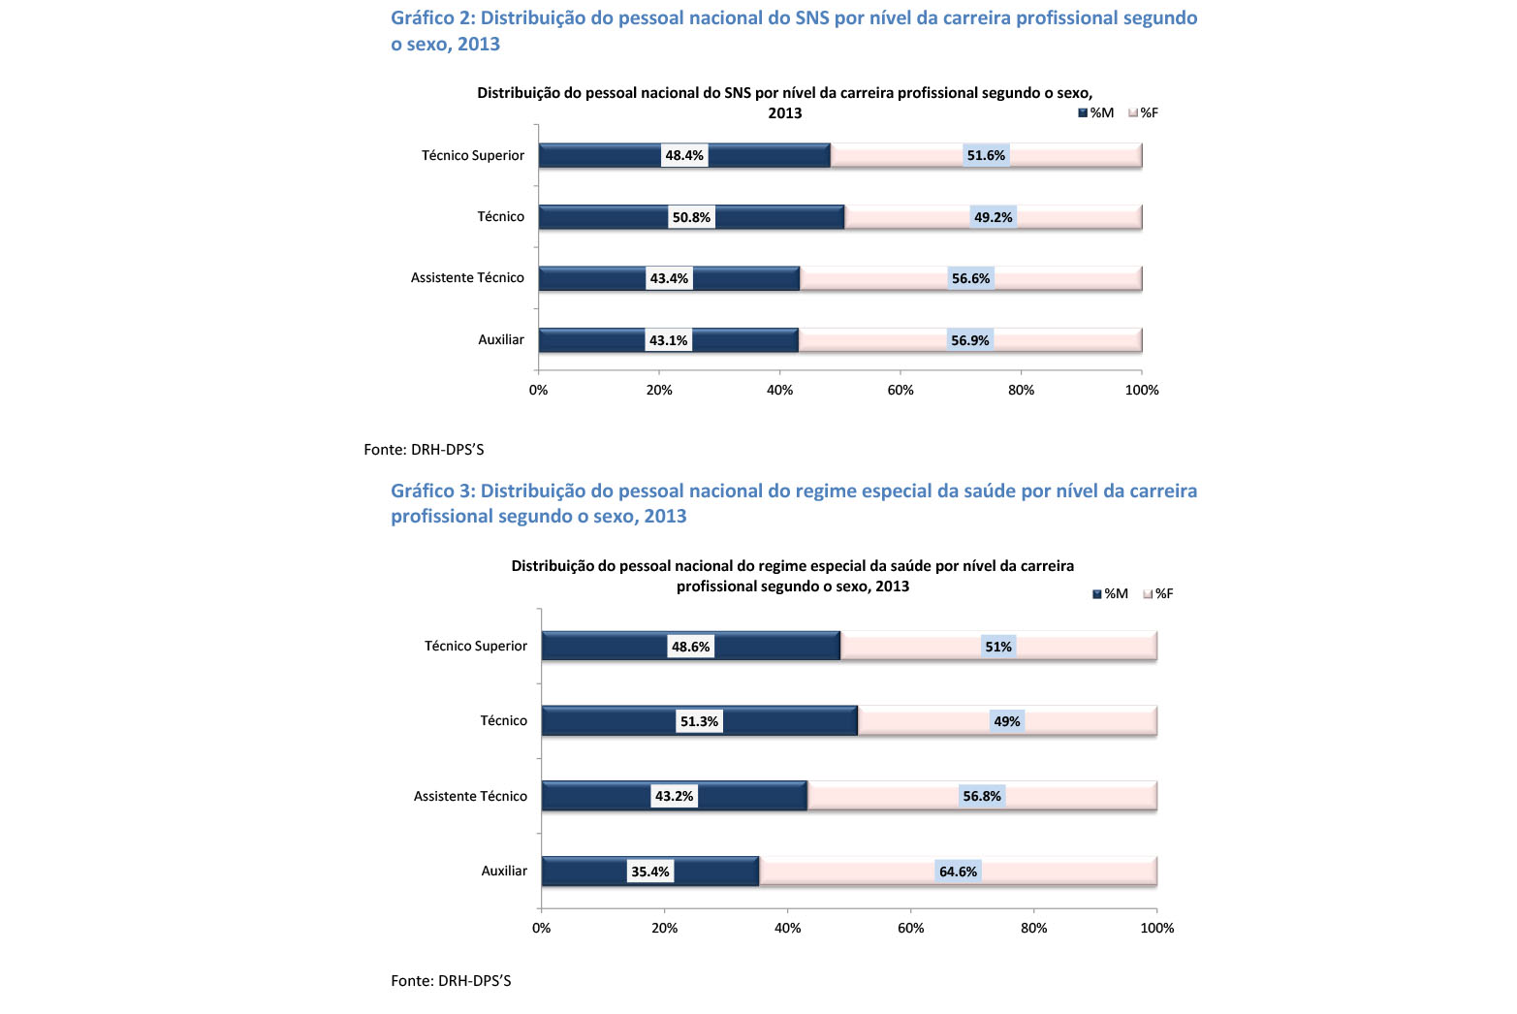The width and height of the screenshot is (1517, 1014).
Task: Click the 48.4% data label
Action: [x=684, y=155]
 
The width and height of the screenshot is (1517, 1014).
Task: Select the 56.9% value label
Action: [x=969, y=340]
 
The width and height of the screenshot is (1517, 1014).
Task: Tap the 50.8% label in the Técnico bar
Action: [x=691, y=217]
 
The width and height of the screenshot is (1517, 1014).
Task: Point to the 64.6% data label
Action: [x=958, y=871]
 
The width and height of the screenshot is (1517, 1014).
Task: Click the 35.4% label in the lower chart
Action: [x=650, y=871]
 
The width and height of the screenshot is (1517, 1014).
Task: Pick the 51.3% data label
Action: [x=699, y=721]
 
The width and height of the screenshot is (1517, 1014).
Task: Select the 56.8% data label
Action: [x=981, y=796]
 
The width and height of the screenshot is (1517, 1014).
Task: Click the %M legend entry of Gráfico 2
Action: [x=1095, y=113]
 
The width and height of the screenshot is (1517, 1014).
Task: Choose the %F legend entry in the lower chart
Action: [x=1158, y=594]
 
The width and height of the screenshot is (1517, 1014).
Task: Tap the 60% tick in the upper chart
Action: [x=901, y=390]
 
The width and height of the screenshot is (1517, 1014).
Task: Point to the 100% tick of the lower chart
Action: [x=1156, y=928]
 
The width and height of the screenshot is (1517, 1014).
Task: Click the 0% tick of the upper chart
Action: [x=538, y=390]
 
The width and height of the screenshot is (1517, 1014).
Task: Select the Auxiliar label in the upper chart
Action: [x=501, y=339]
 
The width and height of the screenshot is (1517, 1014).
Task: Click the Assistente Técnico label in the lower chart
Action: [x=470, y=796]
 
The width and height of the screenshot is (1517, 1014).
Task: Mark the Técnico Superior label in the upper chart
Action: [x=473, y=155]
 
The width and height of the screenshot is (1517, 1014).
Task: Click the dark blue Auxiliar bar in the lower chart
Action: [x=650, y=871]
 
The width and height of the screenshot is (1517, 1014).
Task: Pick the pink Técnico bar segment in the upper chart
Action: [x=993, y=217]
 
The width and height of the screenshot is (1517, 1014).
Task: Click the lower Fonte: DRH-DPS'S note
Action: [x=451, y=980]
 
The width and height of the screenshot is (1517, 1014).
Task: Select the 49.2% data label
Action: [x=993, y=217]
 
